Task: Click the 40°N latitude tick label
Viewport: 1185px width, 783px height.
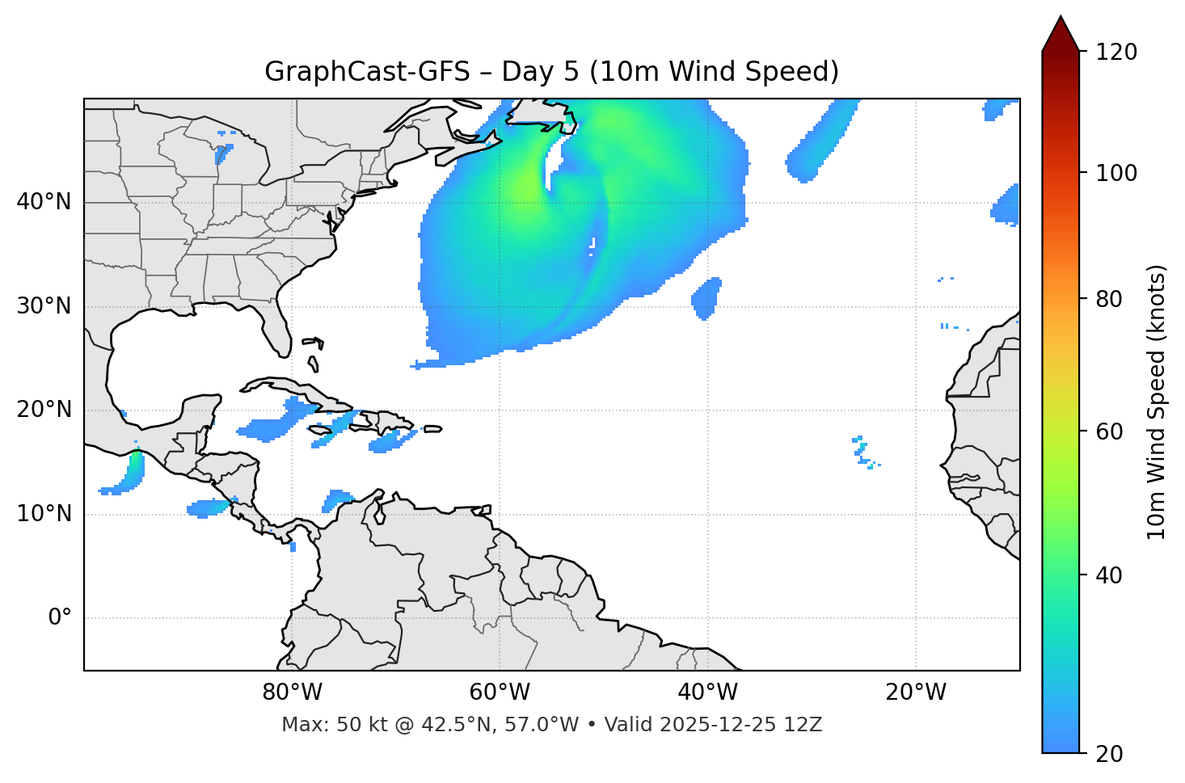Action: (x=44, y=202)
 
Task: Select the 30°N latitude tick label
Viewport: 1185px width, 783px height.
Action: (x=44, y=306)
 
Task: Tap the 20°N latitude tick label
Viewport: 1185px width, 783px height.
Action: (x=44, y=410)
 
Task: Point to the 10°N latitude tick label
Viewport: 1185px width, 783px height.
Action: (x=44, y=514)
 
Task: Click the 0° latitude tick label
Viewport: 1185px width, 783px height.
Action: (x=60, y=618)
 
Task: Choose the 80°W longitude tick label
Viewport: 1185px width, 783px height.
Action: (x=292, y=692)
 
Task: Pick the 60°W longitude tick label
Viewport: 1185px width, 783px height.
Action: (x=500, y=692)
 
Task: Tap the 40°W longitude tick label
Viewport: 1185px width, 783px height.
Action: (x=707, y=692)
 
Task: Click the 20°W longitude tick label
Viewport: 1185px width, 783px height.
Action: (x=915, y=692)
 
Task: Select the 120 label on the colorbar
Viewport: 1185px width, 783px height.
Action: (x=1116, y=53)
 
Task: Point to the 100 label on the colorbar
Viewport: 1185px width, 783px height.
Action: (x=1116, y=173)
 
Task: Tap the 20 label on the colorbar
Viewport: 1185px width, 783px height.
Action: (x=1109, y=754)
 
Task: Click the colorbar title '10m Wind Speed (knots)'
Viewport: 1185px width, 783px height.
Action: (x=1157, y=402)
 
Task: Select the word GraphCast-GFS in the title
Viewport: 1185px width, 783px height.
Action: (x=367, y=72)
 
